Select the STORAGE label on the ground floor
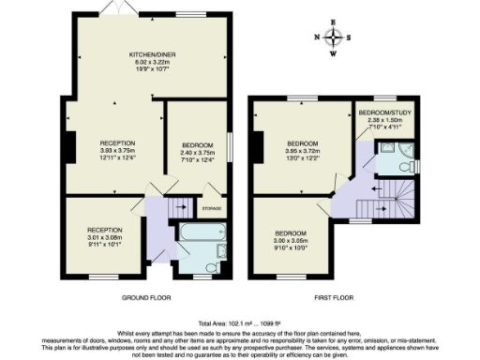click(211, 209)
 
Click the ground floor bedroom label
click(196, 144)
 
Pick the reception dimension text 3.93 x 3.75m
click(118, 152)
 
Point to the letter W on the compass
click(333, 53)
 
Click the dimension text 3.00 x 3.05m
click(291, 240)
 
